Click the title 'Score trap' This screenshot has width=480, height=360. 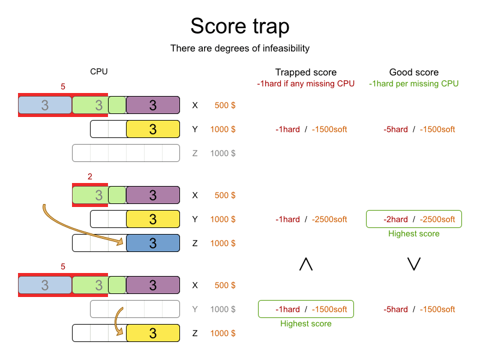[240, 26]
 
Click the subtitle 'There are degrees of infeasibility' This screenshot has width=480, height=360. [240, 48]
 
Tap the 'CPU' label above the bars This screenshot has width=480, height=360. [99, 71]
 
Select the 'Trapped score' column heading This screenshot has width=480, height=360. [305, 72]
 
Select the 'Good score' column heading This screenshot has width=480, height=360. [413, 72]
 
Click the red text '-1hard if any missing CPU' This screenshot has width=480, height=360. [305, 83]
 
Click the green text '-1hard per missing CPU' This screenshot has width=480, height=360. [413, 83]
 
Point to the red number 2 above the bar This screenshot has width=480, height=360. [89, 176]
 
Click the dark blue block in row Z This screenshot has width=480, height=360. [152, 243]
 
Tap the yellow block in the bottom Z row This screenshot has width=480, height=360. [152, 333]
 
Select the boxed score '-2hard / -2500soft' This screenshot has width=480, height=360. [413, 219]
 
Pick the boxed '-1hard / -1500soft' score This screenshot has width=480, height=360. [305, 309]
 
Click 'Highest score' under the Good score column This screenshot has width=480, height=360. [413, 233]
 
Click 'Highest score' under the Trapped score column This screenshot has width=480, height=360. [305, 323]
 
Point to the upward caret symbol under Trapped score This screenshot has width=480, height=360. [305, 264]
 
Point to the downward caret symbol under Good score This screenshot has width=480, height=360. [413, 264]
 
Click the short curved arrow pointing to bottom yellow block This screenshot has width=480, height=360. [118, 321]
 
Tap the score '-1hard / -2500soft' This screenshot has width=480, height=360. [311, 219]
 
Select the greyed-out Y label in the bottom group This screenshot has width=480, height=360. [194, 309]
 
